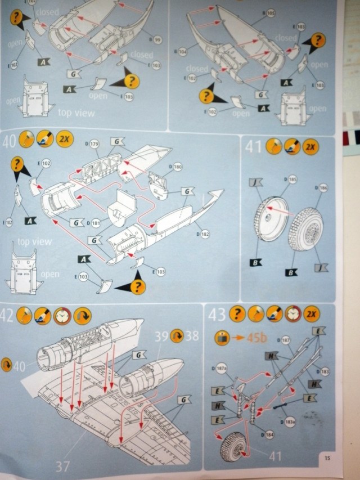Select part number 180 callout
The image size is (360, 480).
click(177, 167)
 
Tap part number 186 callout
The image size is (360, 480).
click(323, 187)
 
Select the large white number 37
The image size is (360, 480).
click(62, 465)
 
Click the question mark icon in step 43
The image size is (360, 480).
click(237, 314)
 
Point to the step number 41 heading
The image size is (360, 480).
click(253, 147)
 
